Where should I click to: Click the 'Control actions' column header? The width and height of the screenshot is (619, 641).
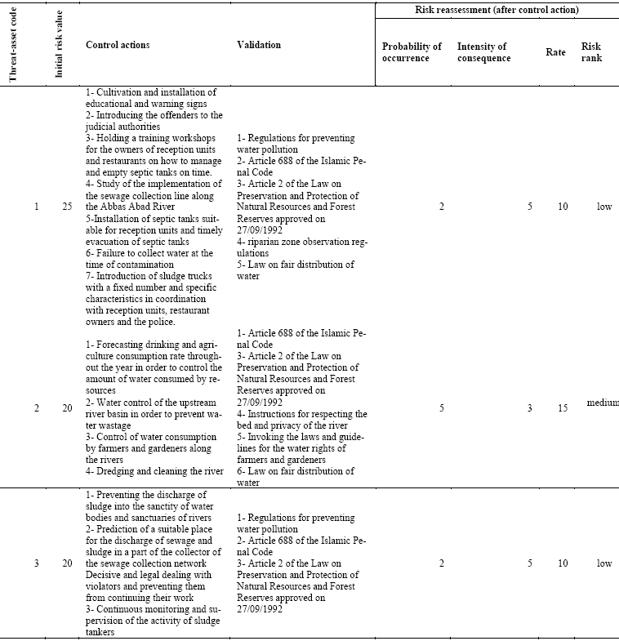tap(118, 45)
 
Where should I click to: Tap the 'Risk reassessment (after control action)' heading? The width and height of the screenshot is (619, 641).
tap(497, 10)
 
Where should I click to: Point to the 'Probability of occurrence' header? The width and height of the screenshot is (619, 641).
tap(412, 52)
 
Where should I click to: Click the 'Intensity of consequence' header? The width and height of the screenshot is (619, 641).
tap(483, 52)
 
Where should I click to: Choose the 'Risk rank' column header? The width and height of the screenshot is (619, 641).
tap(590, 52)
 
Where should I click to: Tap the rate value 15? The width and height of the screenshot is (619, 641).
tap(563, 407)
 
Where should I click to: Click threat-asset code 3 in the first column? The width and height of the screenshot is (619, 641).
tap(36, 563)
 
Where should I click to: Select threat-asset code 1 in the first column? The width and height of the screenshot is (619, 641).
tap(36, 207)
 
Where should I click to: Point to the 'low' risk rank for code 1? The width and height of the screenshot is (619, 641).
tap(604, 207)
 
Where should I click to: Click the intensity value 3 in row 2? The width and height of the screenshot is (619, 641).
tap(529, 407)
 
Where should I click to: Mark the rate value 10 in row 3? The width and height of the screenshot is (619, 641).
tap(563, 563)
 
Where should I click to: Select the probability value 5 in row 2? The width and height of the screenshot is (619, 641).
tap(441, 407)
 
